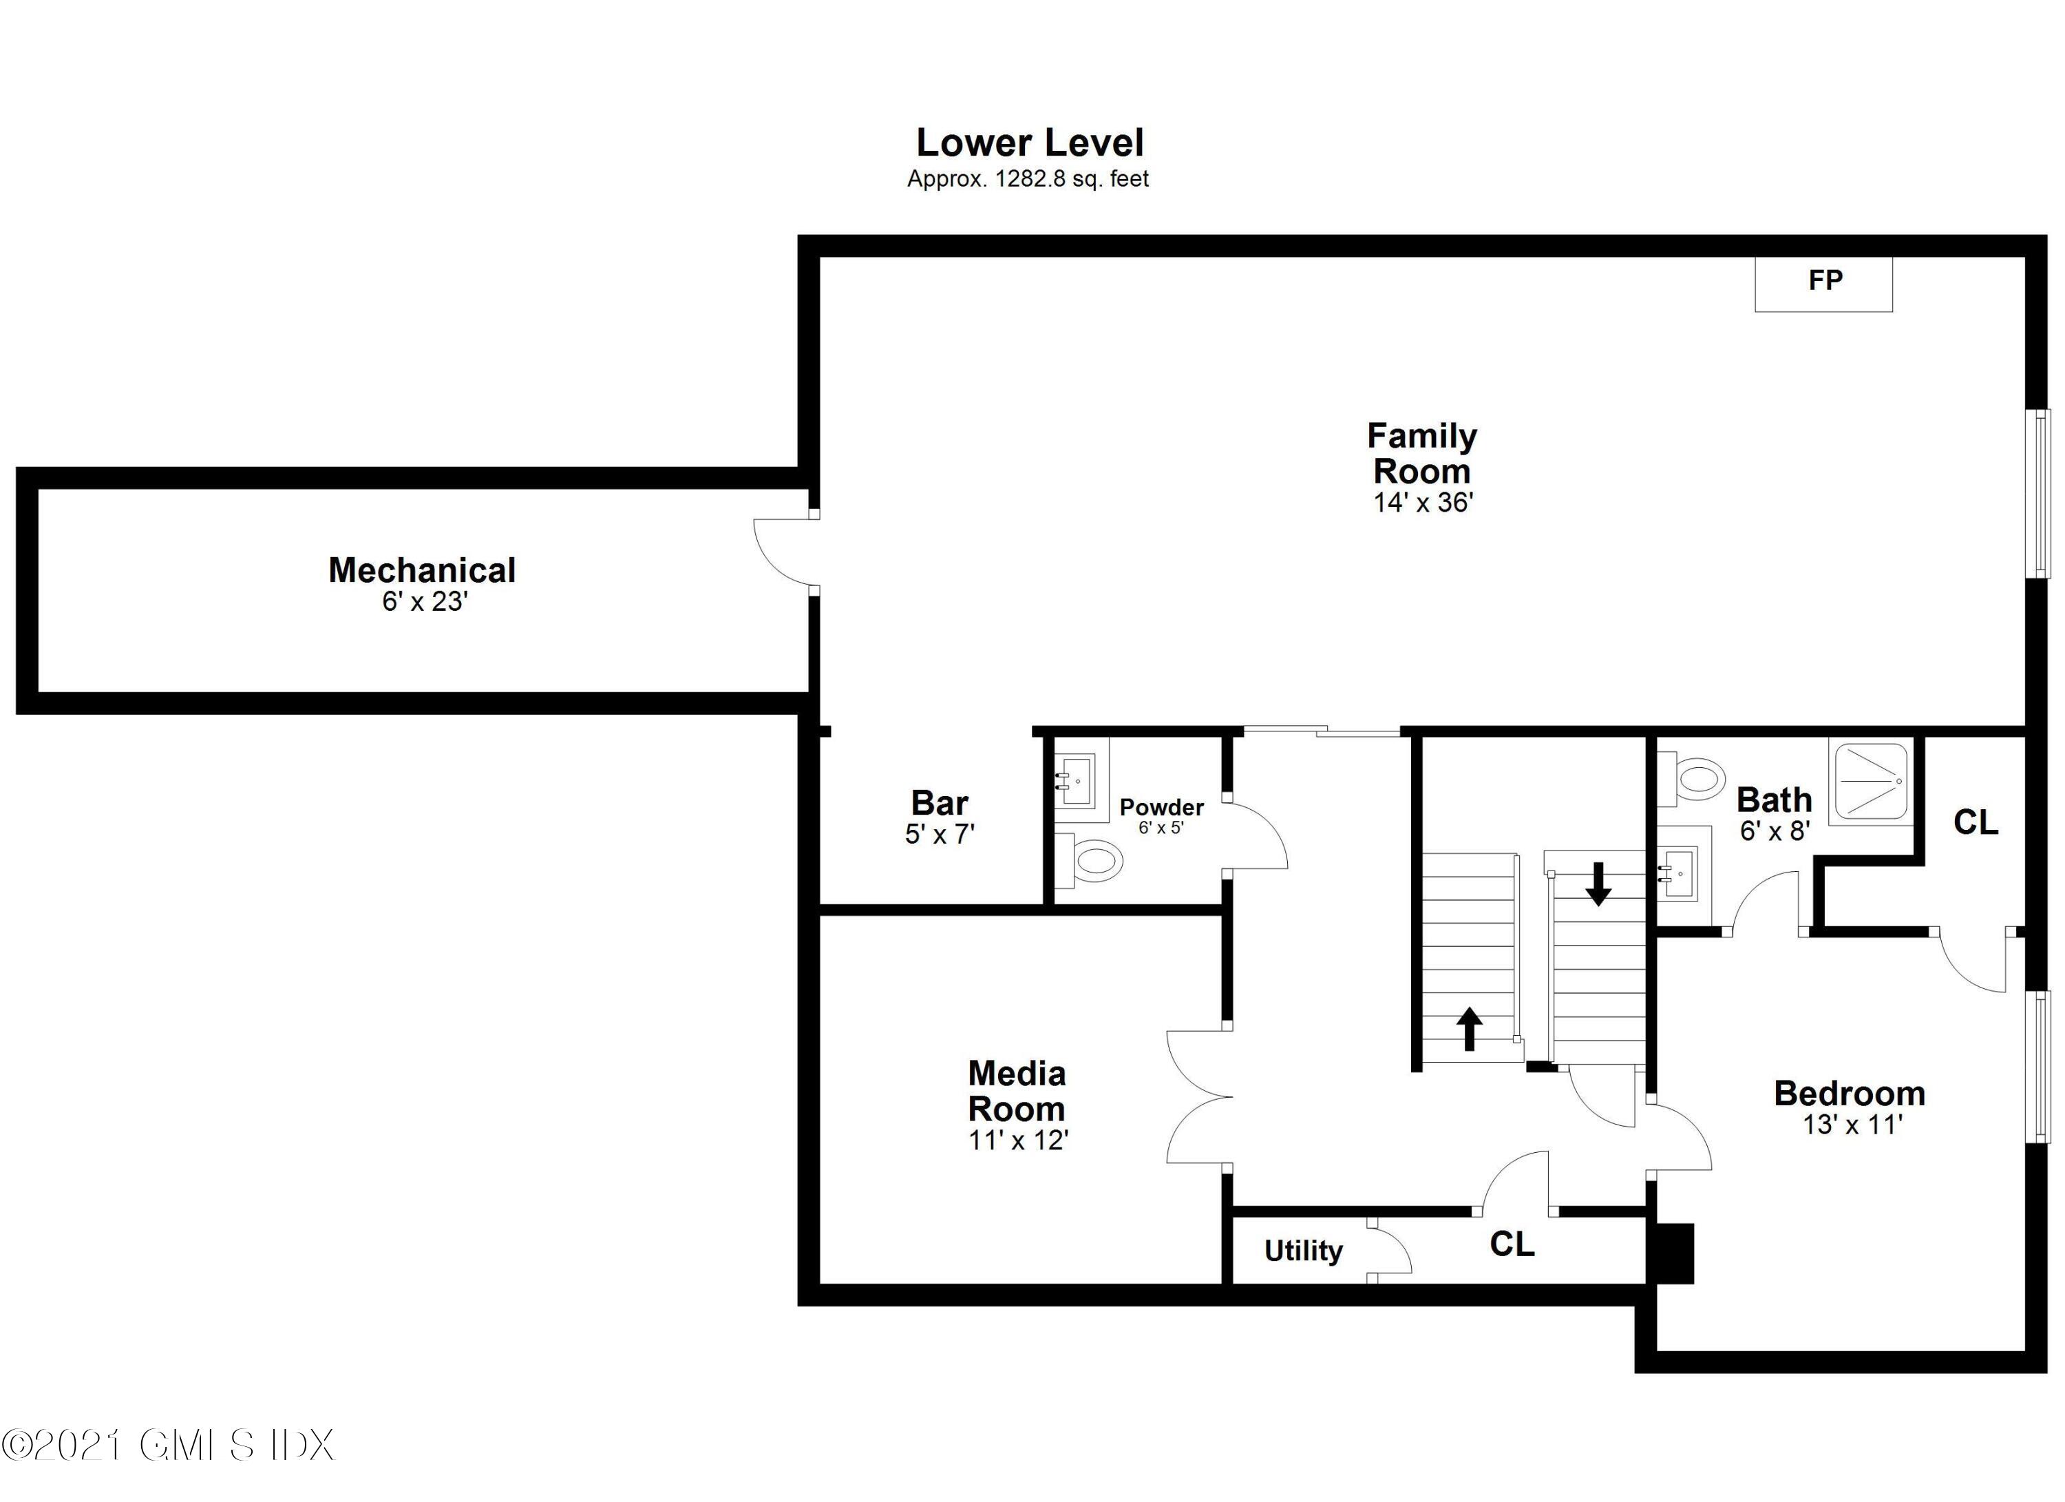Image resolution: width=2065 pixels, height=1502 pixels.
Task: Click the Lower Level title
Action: coord(1030,143)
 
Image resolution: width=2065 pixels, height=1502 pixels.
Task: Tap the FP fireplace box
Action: coord(1823,283)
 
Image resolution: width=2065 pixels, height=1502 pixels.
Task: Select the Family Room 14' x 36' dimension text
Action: coord(1423,503)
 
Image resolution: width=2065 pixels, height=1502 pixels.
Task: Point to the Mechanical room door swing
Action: coord(783,553)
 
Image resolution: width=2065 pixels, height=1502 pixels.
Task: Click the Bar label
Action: coord(939,802)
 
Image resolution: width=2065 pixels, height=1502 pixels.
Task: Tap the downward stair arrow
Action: coord(1598,884)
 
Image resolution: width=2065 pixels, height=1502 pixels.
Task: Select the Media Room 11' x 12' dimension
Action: coord(1018,1140)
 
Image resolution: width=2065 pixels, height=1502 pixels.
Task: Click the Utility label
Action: coord(1303,1251)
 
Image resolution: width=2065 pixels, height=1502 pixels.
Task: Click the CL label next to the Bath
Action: coord(1975,822)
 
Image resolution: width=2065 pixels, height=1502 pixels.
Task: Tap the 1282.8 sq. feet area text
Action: coord(1071,180)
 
